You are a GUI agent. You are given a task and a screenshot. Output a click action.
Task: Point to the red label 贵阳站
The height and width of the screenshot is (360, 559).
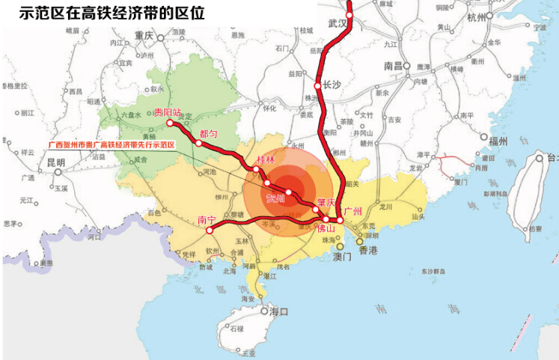[x=167, y=112]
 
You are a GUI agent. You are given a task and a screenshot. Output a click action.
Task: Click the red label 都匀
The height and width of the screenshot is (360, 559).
[x=207, y=133]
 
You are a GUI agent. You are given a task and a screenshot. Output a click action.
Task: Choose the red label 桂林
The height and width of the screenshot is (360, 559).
[x=266, y=160]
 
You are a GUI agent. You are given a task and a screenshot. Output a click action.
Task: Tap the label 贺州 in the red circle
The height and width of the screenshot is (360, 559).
[x=275, y=198]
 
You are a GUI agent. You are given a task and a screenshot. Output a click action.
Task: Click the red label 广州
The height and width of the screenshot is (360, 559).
[x=352, y=212]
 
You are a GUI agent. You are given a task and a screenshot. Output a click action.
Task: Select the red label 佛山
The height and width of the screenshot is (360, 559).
[x=327, y=229]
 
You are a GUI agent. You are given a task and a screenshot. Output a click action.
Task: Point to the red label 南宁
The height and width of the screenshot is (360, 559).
[x=207, y=220]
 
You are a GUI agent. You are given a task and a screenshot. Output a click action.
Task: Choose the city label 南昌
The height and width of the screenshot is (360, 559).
[x=394, y=66]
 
